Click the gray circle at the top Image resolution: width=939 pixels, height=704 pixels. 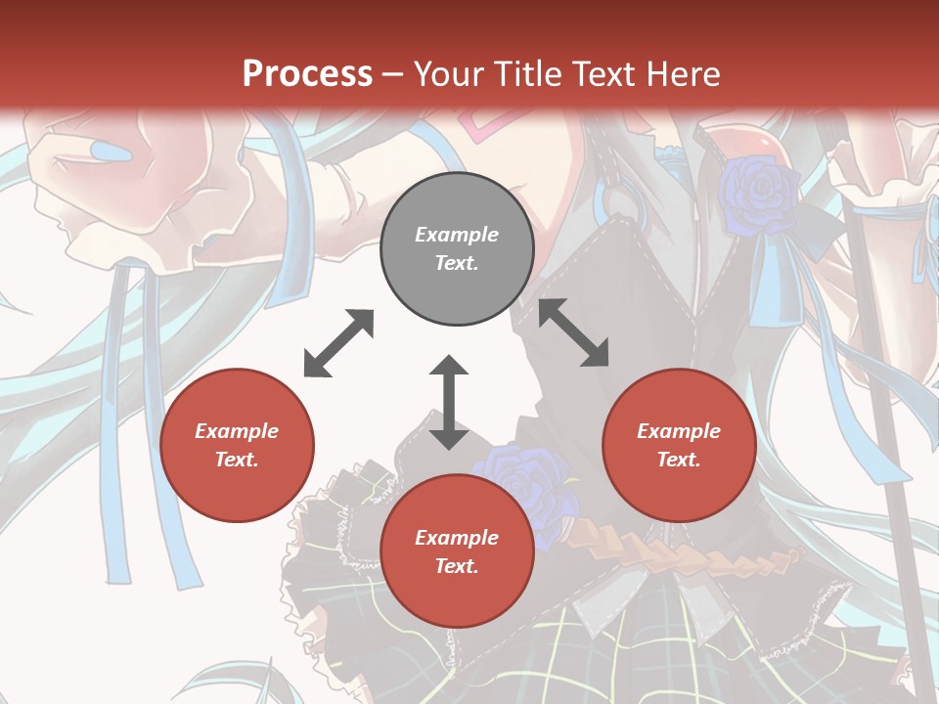pyautogui.click(x=457, y=249)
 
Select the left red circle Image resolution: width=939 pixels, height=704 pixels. pyautogui.click(x=237, y=446)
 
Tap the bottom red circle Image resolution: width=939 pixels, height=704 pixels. pyautogui.click(x=457, y=552)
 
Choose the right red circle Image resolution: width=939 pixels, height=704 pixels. pyautogui.click(x=679, y=446)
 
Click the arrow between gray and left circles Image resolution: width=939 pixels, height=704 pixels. pyautogui.click(x=338, y=343)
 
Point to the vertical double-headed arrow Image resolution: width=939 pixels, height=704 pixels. pyautogui.click(x=449, y=403)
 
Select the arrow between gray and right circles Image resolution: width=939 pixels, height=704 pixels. pyautogui.click(x=574, y=332)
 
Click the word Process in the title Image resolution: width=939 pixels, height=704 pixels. pyautogui.click(x=307, y=73)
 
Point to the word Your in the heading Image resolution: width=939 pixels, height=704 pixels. pyautogui.click(x=447, y=73)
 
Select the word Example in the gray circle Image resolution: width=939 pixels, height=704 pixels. pyautogui.click(x=457, y=235)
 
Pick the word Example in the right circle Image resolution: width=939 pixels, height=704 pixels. pyautogui.click(x=679, y=431)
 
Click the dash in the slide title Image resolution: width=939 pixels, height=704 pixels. pyautogui.click(x=393, y=73)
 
